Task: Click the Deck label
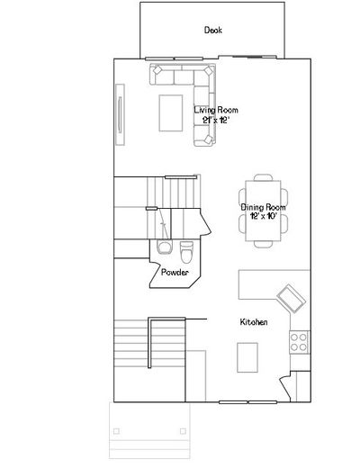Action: (x=213, y=30)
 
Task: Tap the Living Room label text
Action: (x=216, y=110)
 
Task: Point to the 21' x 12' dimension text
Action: (x=216, y=121)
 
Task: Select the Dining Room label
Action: (x=263, y=207)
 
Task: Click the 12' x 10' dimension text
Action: (x=263, y=216)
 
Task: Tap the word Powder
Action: (x=175, y=273)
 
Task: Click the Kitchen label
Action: (x=254, y=322)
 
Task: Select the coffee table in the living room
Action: (x=171, y=113)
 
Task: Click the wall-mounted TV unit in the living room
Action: (x=120, y=114)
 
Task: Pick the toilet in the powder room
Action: (x=186, y=252)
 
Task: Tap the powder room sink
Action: (x=164, y=247)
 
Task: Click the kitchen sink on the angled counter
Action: (x=291, y=299)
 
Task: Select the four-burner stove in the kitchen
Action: (x=299, y=342)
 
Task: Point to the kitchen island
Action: (x=247, y=357)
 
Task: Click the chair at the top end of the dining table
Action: (x=263, y=177)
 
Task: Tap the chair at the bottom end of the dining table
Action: (x=263, y=244)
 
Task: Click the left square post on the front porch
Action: (x=116, y=431)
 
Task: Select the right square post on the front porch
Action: (x=183, y=431)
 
